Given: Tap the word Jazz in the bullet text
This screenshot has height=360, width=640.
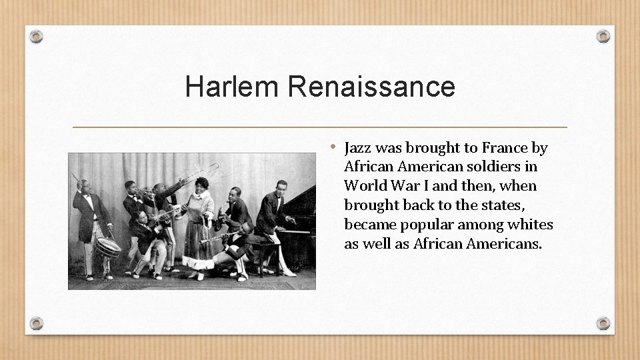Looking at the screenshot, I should coord(360,148).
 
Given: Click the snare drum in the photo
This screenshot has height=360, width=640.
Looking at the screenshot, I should coord(108,247).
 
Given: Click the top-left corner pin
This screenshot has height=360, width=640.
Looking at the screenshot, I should coord(37,36).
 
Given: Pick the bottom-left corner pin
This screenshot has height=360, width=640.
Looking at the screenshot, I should coord(37,323).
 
